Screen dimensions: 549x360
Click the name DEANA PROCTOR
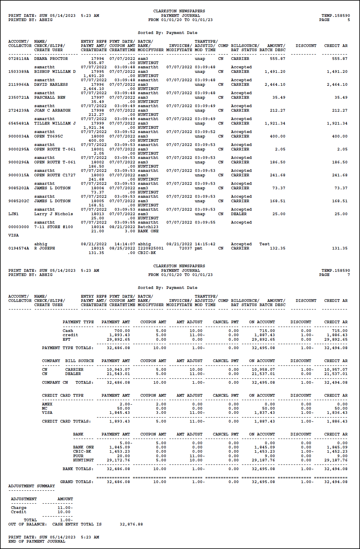click(51, 59)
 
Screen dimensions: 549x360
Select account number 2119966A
click(19, 85)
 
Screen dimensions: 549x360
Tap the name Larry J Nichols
click(53, 214)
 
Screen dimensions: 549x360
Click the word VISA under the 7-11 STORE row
click(14, 235)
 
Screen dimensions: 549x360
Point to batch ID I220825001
click(151, 248)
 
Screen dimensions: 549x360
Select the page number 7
click(349, 275)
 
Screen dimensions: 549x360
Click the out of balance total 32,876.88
click(131, 524)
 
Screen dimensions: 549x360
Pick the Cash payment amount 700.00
click(122, 331)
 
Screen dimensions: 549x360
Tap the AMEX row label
click(47, 404)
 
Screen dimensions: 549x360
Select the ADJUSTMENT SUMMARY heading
click(32, 486)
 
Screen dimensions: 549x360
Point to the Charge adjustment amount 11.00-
click(65, 508)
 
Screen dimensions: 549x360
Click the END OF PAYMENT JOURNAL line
click(37, 541)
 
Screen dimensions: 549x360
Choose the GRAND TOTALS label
click(77, 482)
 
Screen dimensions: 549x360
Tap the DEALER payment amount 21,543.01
click(118, 374)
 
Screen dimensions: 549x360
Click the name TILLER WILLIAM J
click(55, 123)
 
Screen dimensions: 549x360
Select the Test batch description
click(265, 244)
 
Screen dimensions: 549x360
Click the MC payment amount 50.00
click(124, 408)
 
